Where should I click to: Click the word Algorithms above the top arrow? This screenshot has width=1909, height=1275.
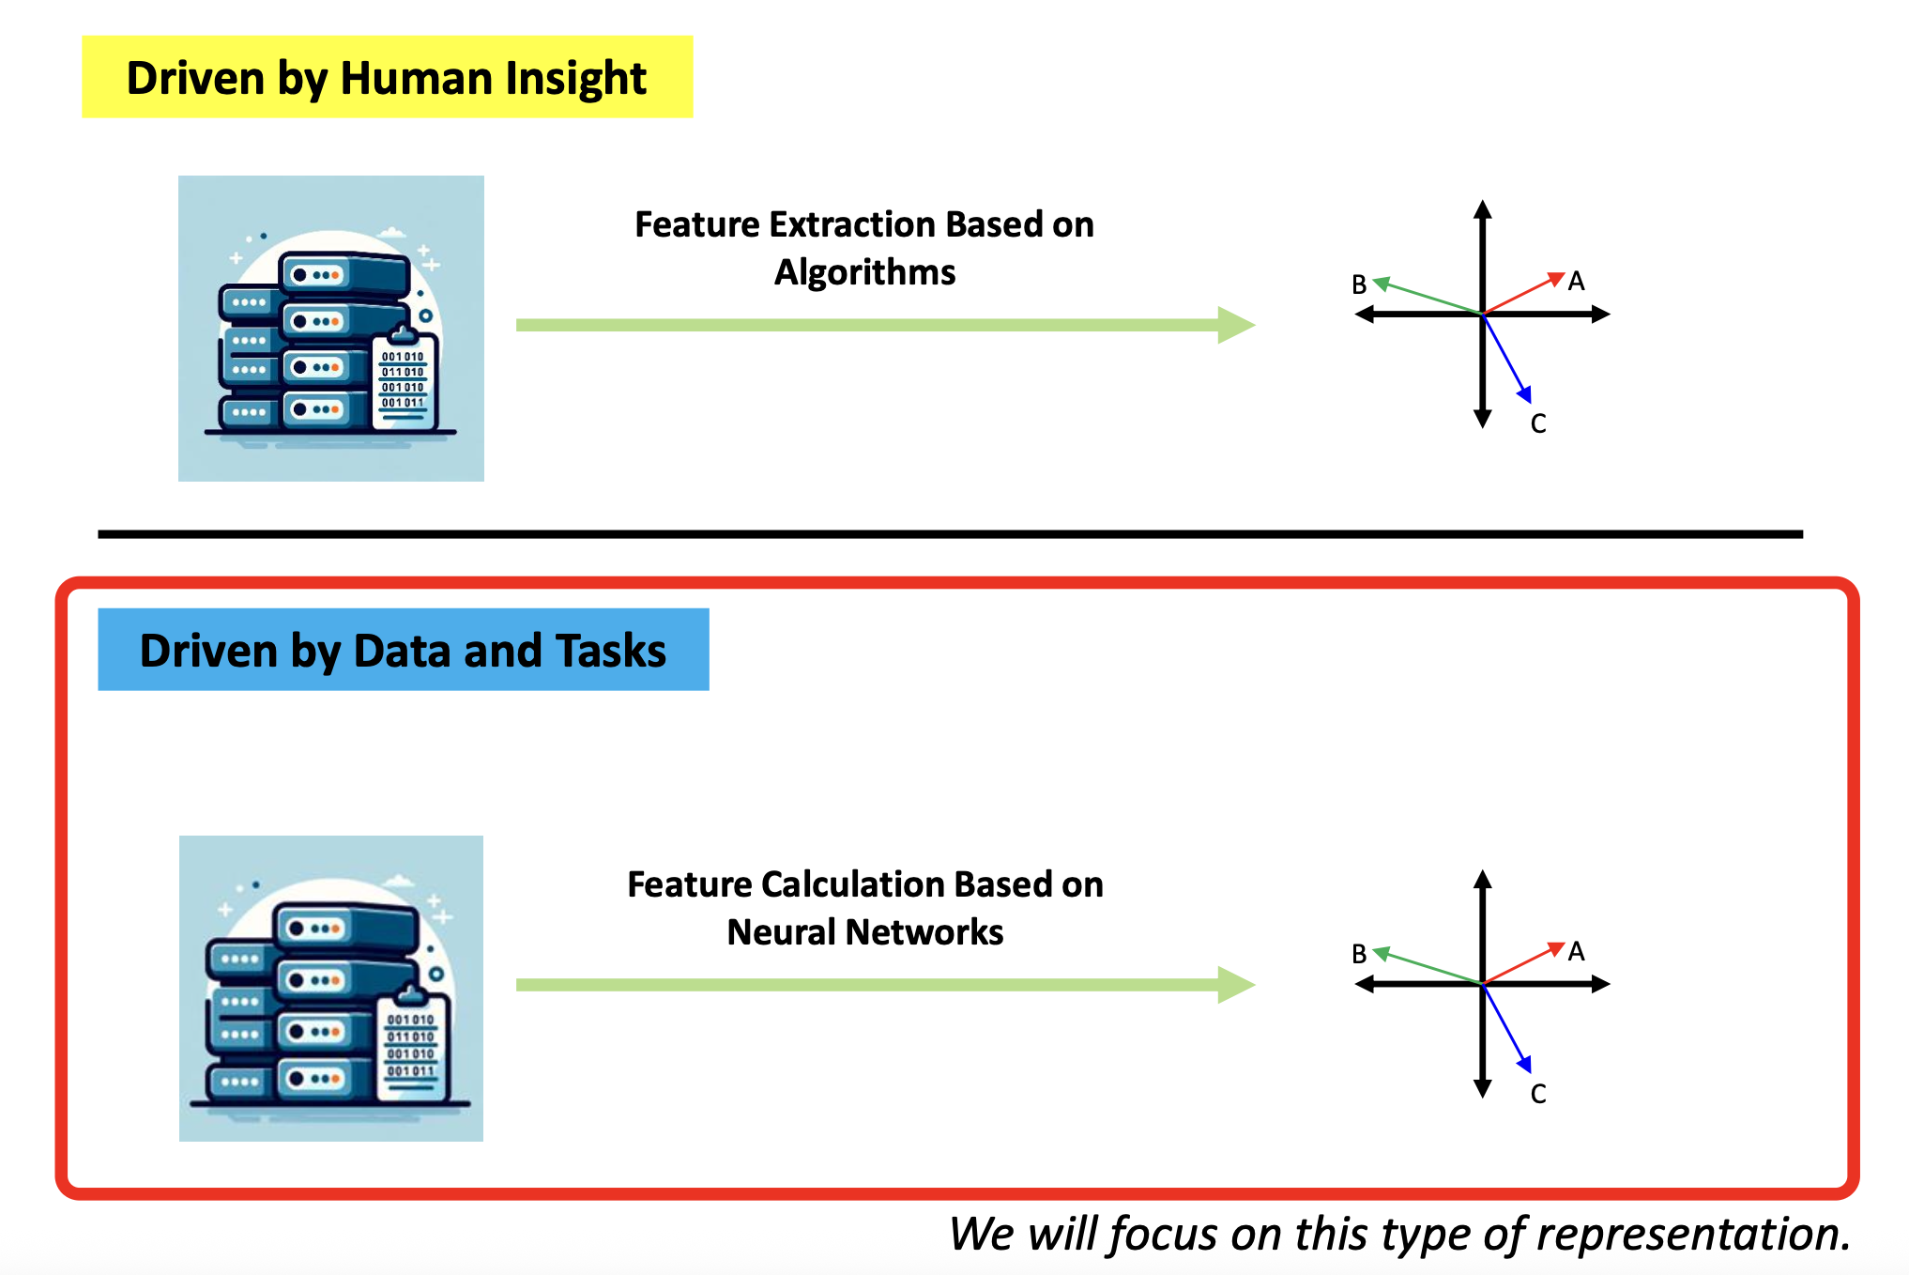pos(864,272)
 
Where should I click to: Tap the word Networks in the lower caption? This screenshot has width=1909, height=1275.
pos(924,932)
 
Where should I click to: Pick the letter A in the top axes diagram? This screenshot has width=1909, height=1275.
pos(1576,282)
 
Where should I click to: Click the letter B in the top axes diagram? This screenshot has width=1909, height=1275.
pos(1359,284)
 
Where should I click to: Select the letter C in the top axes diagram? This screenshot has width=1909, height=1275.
pos(1538,424)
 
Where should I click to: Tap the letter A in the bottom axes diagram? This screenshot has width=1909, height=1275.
pos(1576,952)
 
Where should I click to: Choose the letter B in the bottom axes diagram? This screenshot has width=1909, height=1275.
pos(1359,955)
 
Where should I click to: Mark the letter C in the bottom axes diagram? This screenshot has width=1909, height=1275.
pos(1538,1095)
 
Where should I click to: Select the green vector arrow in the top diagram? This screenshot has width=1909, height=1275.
pos(1427,297)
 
